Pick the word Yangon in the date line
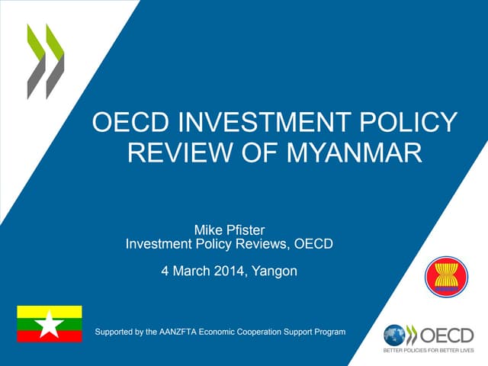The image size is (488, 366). pyautogui.click(x=272, y=271)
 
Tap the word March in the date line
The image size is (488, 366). pyautogui.click(x=190, y=271)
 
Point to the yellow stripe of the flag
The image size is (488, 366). pyautogui.click(x=50, y=311)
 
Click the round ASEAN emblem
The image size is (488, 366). pyautogui.click(x=446, y=277)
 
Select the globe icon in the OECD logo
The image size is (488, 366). pyautogui.click(x=395, y=335)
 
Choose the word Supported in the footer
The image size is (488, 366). pyautogui.click(x=115, y=332)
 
